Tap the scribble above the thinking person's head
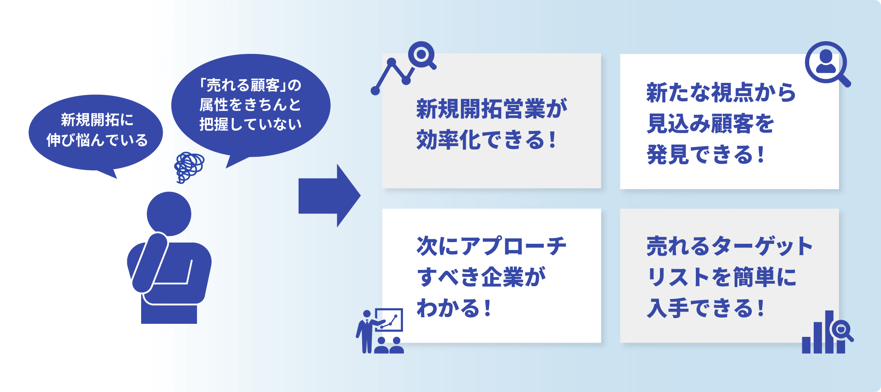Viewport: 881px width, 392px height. click(188, 167)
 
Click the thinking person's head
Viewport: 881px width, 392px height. click(169, 214)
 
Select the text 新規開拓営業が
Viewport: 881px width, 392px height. click(491, 109)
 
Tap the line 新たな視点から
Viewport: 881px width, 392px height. click(721, 93)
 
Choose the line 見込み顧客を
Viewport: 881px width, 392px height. click(710, 124)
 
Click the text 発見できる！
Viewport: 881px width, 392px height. click(706, 155)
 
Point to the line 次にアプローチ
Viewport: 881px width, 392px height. click(491, 246)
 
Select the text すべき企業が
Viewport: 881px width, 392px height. click(481, 277)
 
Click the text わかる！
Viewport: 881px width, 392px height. click(454, 308)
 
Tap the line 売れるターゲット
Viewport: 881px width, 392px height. click(730, 246)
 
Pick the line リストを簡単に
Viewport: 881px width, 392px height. click(721, 277)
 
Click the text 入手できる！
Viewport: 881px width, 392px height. click(706, 308)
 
